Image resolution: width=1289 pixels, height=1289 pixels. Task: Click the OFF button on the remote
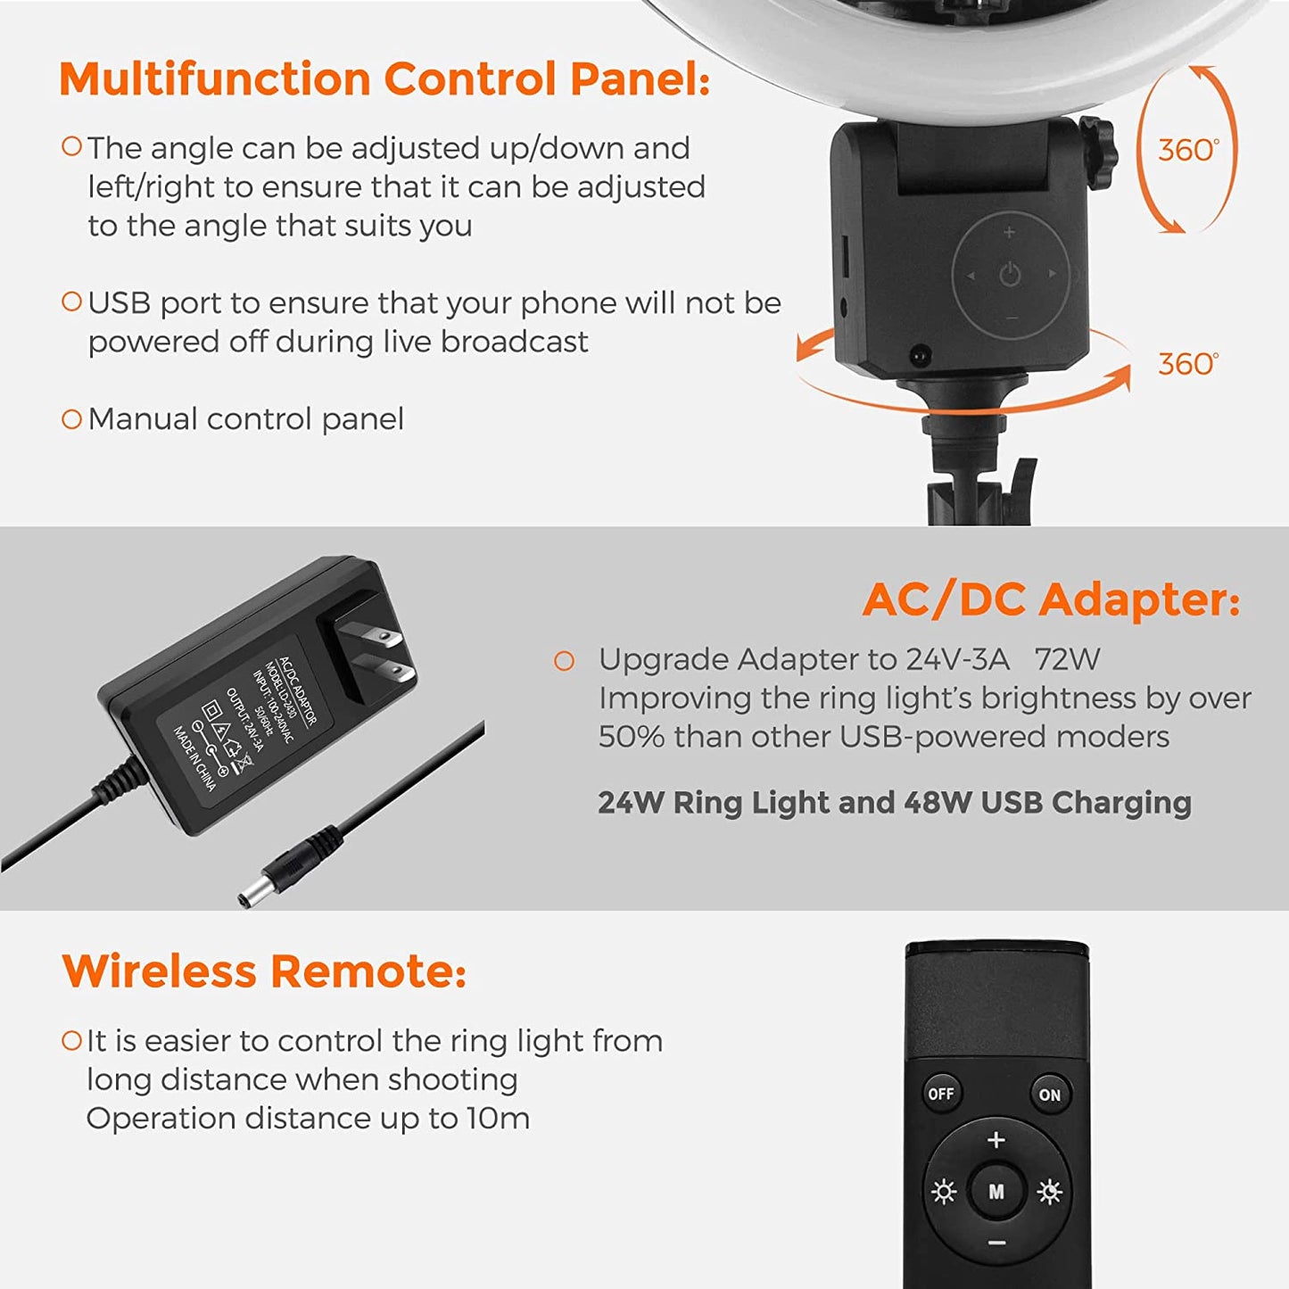coord(941,1094)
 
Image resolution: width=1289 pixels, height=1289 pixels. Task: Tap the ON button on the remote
coord(1049,1095)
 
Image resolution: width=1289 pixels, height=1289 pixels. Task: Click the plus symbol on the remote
coord(996,1140)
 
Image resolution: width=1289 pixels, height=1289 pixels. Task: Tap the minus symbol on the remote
coord(997,1243)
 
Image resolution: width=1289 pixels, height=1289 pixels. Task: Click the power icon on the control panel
coord(1010,275)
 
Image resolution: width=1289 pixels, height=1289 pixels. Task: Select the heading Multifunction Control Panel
coord(384,79)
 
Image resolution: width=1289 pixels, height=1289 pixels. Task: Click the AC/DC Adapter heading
coord(1051,599)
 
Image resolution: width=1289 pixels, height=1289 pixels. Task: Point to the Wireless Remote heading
coord(264,971)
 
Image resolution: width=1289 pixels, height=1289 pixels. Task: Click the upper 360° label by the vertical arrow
coord(1187,150)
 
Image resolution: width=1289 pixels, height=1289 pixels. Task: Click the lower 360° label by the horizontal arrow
coord(1187,364)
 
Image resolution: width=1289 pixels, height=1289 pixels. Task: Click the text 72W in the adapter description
coord(1067,659)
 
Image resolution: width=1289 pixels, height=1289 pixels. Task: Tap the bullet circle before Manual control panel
coord(71,419)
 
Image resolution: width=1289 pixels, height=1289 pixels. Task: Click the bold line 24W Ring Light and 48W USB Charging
coord(894,803)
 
